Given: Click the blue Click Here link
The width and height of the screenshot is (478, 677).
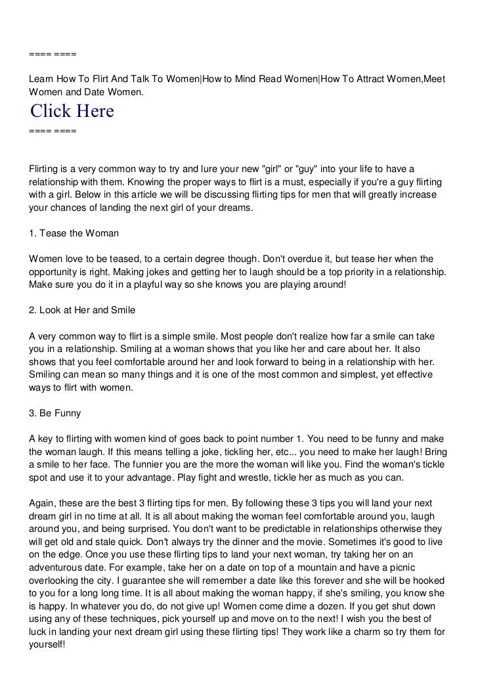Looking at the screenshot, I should pyautogui.click(x=72, y=112).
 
